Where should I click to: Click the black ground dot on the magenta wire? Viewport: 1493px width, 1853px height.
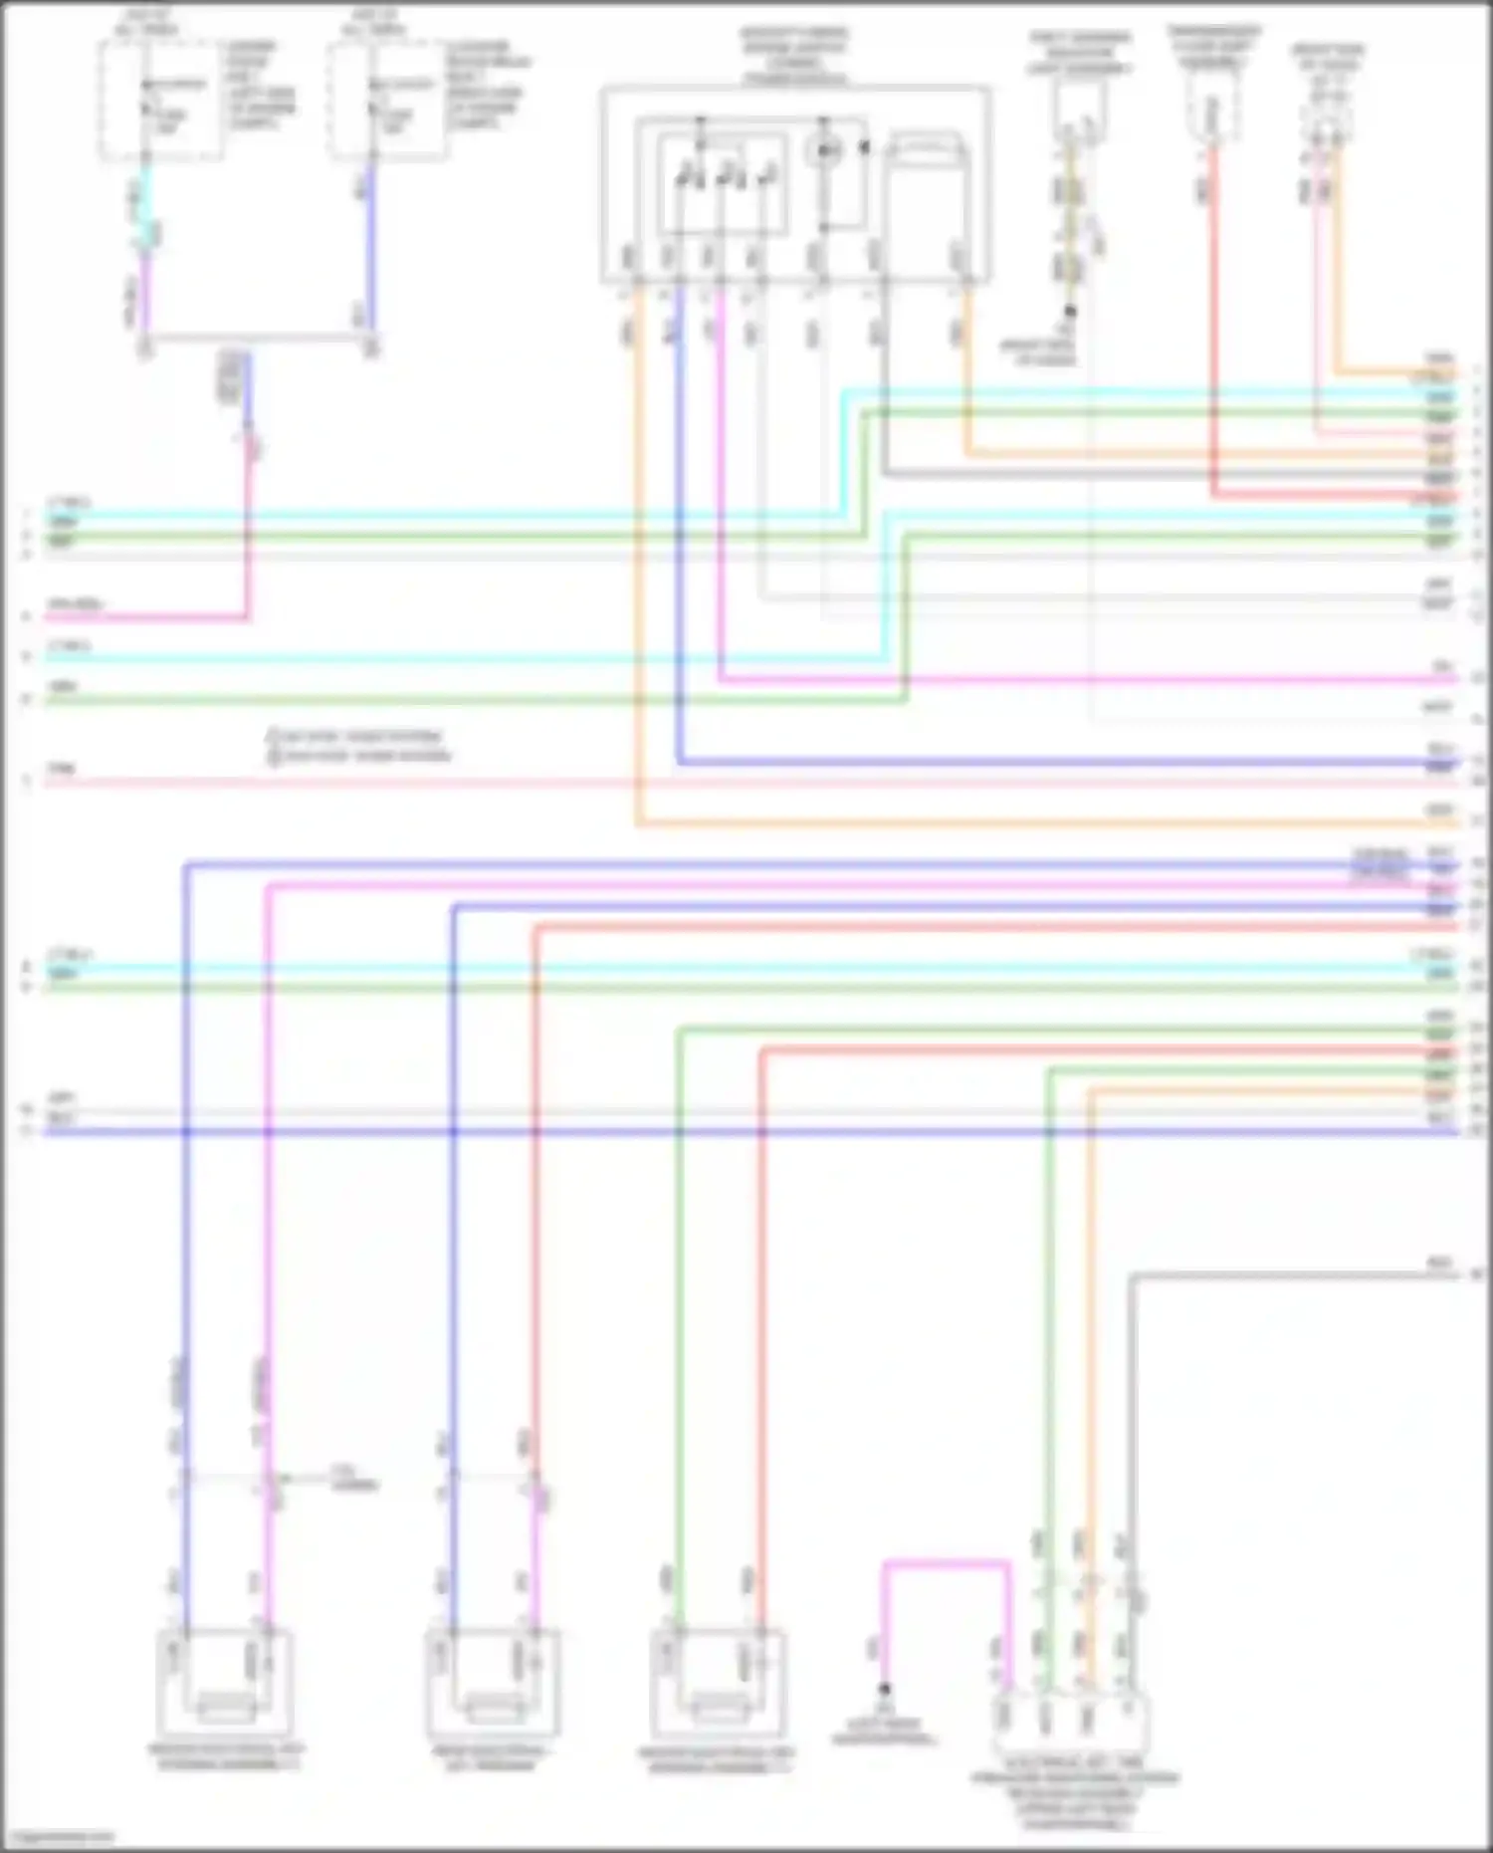(x=883, y=1689)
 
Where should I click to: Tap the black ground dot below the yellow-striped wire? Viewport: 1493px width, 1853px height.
(x=1070, y=312)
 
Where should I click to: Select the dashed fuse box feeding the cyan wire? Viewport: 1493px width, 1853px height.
(x=160, y=101)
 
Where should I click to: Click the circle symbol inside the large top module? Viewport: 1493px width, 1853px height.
(x=825, y=151)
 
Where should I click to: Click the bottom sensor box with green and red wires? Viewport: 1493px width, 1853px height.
(x=717, y=1684)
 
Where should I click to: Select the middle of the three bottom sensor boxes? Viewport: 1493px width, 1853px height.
(x=493, y=1684)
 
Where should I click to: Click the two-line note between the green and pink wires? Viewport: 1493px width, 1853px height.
(x=358, y=746)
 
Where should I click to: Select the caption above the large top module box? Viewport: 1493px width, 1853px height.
(x=793, y=57)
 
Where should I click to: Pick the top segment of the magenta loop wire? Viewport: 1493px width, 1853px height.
(x=946, y=1564)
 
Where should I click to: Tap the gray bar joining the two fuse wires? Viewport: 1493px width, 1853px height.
(x=258, y=339)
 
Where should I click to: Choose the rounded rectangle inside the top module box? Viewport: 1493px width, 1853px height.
(x=927, y=150)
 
